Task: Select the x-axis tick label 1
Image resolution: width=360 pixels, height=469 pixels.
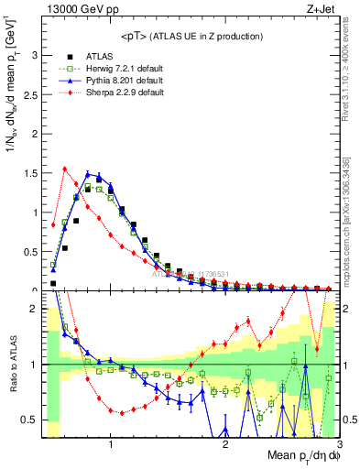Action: tap(111, 445)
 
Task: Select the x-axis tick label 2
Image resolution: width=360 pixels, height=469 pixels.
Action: tap(225, 445)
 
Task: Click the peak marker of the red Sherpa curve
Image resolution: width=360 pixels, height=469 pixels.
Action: tap(65, 169)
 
